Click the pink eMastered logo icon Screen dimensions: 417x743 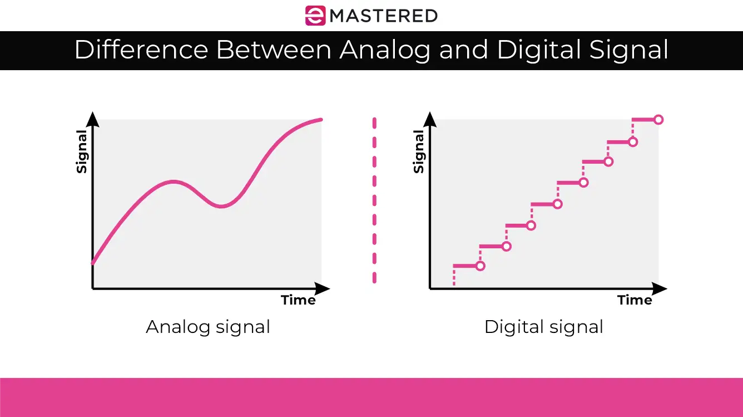315,15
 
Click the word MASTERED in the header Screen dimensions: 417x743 384,16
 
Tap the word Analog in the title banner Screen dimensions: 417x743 385,50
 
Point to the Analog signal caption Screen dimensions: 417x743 208,326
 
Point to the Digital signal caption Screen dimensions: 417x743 543,326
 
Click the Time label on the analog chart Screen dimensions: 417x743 298,300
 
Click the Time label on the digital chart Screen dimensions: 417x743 635,300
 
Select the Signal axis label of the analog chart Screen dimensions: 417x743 82,151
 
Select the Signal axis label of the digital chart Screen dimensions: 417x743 419,151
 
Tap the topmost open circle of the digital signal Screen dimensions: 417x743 658,120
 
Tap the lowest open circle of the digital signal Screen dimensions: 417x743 481,266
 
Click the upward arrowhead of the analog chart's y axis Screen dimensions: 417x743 92,119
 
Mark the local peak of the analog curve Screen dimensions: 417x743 174,181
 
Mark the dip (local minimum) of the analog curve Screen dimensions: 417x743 221,207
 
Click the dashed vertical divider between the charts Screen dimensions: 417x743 374,200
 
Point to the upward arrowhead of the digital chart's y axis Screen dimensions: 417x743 430,119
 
